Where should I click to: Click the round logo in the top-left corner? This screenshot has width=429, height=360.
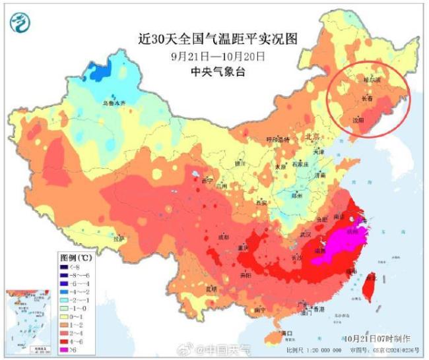click(21, 23)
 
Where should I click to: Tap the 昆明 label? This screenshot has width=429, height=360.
click(211, 288)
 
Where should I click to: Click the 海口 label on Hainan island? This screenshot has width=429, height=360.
click(286, 333)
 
